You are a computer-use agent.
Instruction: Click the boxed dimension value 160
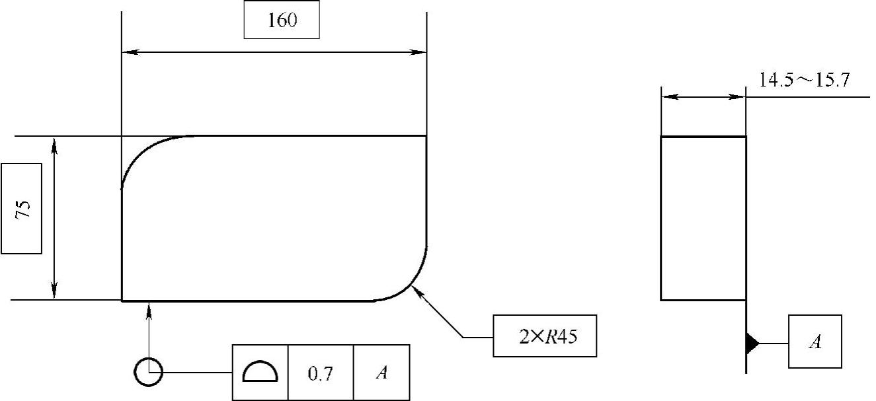[282, 20]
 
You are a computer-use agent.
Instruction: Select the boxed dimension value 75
[21, 208]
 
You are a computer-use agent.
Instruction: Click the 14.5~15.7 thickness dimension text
[804, 81]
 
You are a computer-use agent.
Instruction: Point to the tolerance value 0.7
[321, 373]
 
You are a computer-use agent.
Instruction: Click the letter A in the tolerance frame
[381, 373]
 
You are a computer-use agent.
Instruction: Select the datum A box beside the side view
[815, 342]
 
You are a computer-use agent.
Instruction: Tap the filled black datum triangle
[752, 343]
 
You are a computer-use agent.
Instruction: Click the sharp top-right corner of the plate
[426, 136]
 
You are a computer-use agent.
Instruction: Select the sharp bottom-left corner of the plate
[122, 300]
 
